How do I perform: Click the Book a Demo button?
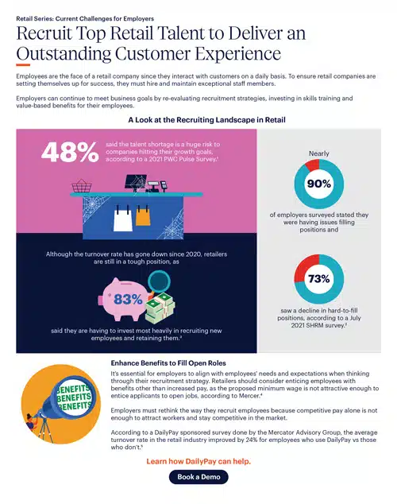tap(198, 477)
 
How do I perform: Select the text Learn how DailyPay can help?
tap(198, 460)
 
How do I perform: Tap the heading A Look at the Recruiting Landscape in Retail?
tap(198, 119)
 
